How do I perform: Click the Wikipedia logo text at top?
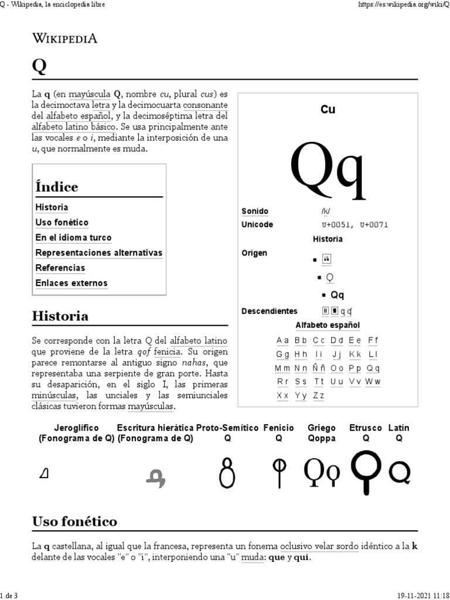[x=64, y=39]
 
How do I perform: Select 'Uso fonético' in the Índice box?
[x=62, y=223]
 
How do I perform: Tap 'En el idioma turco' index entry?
[x=73, y=238]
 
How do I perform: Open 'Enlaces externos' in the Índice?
[x=71, y=283]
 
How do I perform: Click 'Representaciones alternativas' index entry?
[x=98, y=253]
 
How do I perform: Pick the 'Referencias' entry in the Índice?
[x=60, y=268]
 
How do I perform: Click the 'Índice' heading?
[x=57, y=187]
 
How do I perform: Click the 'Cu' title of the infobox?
[x=328, y=110]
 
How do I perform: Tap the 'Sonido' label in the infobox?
[x=255, y=211]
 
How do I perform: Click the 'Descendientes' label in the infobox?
[x=270, y=311]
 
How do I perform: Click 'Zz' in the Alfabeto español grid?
[x=319, y=396]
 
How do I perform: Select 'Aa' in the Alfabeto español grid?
[x=282, y=340]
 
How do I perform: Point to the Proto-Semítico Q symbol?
[x=228, y=472]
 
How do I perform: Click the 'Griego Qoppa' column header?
[x=322, y=433]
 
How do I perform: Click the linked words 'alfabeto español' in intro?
[x=72, y=116]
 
